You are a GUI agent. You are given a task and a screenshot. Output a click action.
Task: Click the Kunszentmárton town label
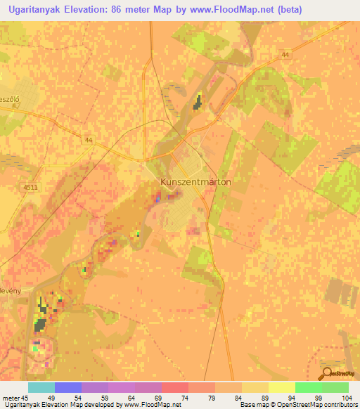pyautogui.click(x=196, y=181)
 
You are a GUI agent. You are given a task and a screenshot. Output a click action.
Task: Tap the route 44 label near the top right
pyautogui.click(x=285, y=54)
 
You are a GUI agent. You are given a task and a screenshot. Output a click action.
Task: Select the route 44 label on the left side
pyautogui.click(x=88, y=141)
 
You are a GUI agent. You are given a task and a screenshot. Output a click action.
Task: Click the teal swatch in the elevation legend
pyautogui.click(x=41, y=387)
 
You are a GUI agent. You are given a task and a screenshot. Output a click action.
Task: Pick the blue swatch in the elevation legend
pyautogui.click(x=67, y=387)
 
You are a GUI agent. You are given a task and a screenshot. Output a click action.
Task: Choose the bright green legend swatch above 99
pyautogui.click(x=308, y=387)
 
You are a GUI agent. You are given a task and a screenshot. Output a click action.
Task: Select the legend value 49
pyautogui.click(x=51, y=397)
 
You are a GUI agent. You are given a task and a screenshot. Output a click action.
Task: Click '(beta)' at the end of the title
pyautogui.click(x=291, y=9)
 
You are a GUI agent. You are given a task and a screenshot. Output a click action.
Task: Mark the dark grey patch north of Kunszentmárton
pyautogui.click(x=198, y=102)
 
